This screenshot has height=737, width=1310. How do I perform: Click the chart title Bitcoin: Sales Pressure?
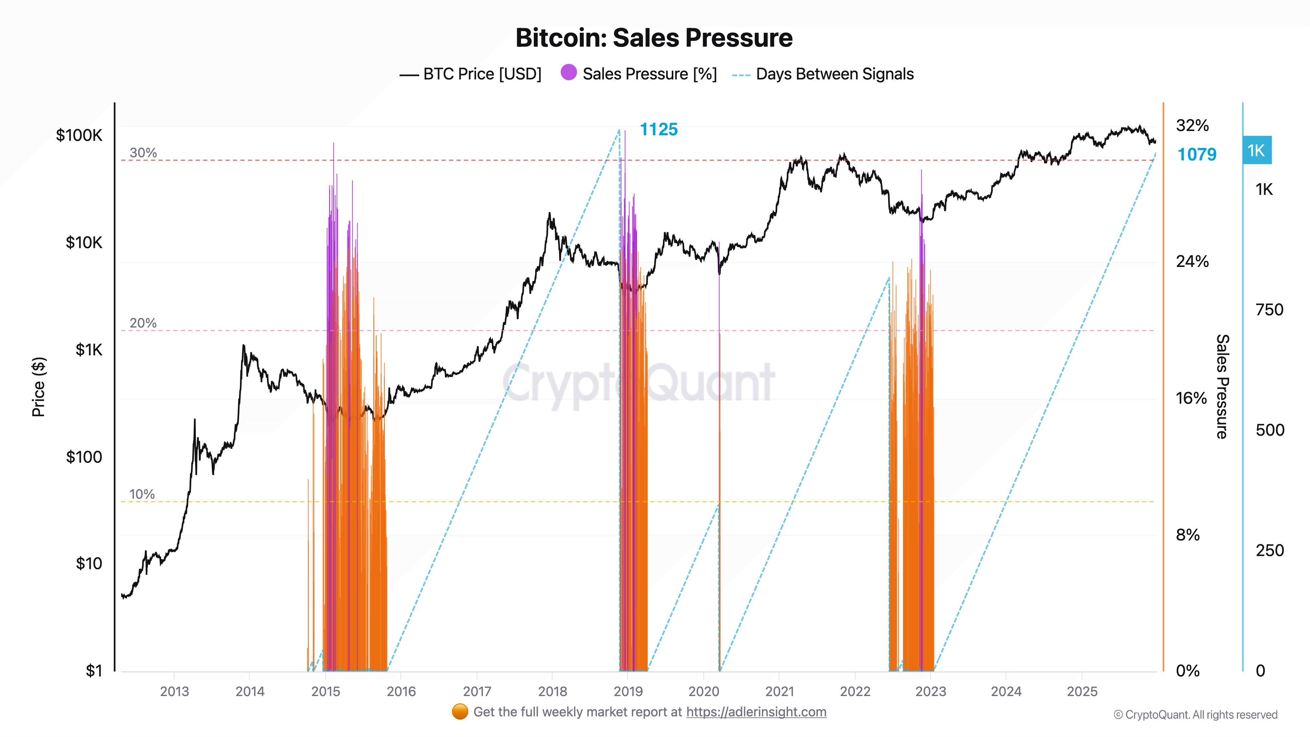[654, 38]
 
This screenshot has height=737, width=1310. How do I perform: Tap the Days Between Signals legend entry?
[823, 74]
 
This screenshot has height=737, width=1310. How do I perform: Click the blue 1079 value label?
[1197, 155]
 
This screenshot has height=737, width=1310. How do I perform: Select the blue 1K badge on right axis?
[1257, 151]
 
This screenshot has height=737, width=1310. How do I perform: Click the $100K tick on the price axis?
[79, 135]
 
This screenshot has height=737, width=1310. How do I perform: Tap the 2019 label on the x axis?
[628, 692]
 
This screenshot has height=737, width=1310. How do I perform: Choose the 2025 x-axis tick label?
[1082, 692]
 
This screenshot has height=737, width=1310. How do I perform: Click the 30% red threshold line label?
[143, 153]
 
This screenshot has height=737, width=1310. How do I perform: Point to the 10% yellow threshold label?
[142, 494]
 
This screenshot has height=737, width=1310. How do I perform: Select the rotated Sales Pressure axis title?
[1222, 387]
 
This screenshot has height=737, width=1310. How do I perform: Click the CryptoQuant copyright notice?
[1195, 715]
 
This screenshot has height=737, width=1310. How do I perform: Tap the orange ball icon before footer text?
[460, 712]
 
